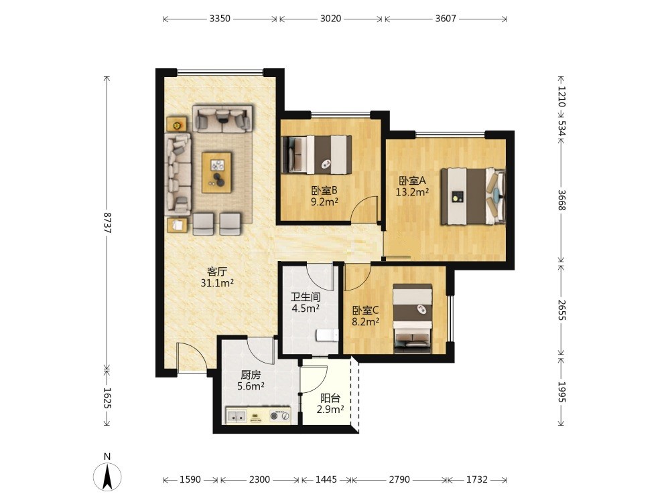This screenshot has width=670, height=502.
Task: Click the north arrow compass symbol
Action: click(x=107, y=475)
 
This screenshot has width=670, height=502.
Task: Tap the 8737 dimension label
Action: click(x=107, y=222)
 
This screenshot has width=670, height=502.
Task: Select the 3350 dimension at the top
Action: click(x=220, y=18)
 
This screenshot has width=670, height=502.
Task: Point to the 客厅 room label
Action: click(x=217, y=272)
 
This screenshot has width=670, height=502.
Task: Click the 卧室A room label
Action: click(x=412, y=181)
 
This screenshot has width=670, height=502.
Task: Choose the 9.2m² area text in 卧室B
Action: click(x=324, y=201)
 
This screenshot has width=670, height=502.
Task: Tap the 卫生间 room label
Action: click(x=306, y=297)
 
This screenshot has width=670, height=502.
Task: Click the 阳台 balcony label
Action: click(x=330, y=398)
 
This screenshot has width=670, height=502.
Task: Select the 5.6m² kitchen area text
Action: click(x=251, y=386)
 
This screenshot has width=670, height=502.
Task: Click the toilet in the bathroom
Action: click(x=328, y=335)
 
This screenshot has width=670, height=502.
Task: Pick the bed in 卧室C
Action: click(x=413, y=319)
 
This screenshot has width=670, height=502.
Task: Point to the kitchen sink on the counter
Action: click(x=237, y=416)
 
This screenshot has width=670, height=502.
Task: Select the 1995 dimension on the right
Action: click(x=561, y=392)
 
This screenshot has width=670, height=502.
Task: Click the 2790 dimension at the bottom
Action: click(x=399, y=479)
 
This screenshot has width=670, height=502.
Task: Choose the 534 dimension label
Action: click(x=561, y=128)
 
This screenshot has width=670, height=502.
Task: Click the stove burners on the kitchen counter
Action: click(x=280, y=416)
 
